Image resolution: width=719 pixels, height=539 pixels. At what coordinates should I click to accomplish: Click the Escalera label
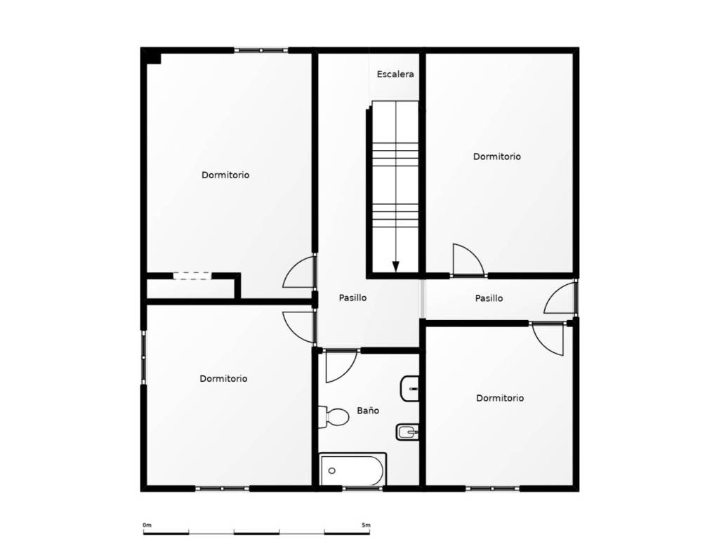pos(395,74)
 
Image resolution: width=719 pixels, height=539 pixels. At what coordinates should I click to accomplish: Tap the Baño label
pos(368,410)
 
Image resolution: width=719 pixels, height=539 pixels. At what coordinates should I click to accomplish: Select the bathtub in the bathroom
pos(352,470)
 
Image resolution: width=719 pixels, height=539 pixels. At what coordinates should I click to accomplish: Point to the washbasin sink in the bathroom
pos(409,388)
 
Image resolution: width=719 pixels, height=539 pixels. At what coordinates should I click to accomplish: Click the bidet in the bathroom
pos(407,432)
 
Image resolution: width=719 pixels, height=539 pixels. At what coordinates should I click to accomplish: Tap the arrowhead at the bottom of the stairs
pos(396,266)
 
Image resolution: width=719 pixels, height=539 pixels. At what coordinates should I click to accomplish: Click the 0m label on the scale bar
pos(147,525)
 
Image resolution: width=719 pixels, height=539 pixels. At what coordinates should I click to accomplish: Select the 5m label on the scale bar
pos(366,525)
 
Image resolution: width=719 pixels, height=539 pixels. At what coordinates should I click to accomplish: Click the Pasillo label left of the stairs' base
pos(352,298)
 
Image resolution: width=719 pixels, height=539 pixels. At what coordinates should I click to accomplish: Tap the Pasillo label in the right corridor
pos(489,298)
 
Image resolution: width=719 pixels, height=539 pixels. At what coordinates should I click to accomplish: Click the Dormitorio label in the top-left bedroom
pos(225,175)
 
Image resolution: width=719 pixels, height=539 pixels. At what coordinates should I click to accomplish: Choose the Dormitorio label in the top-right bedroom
pos(497,157)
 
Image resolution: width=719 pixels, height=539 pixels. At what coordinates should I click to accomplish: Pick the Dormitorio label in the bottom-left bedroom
pos(223,378)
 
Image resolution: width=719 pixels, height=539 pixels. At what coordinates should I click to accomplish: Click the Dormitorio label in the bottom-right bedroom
pos(500,399)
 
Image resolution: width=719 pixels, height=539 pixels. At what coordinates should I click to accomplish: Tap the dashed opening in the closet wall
pos(192,276)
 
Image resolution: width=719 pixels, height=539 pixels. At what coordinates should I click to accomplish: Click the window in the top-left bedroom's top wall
pos(261,50)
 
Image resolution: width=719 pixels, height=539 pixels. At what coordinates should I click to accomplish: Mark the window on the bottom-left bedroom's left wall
pos(143,357)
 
